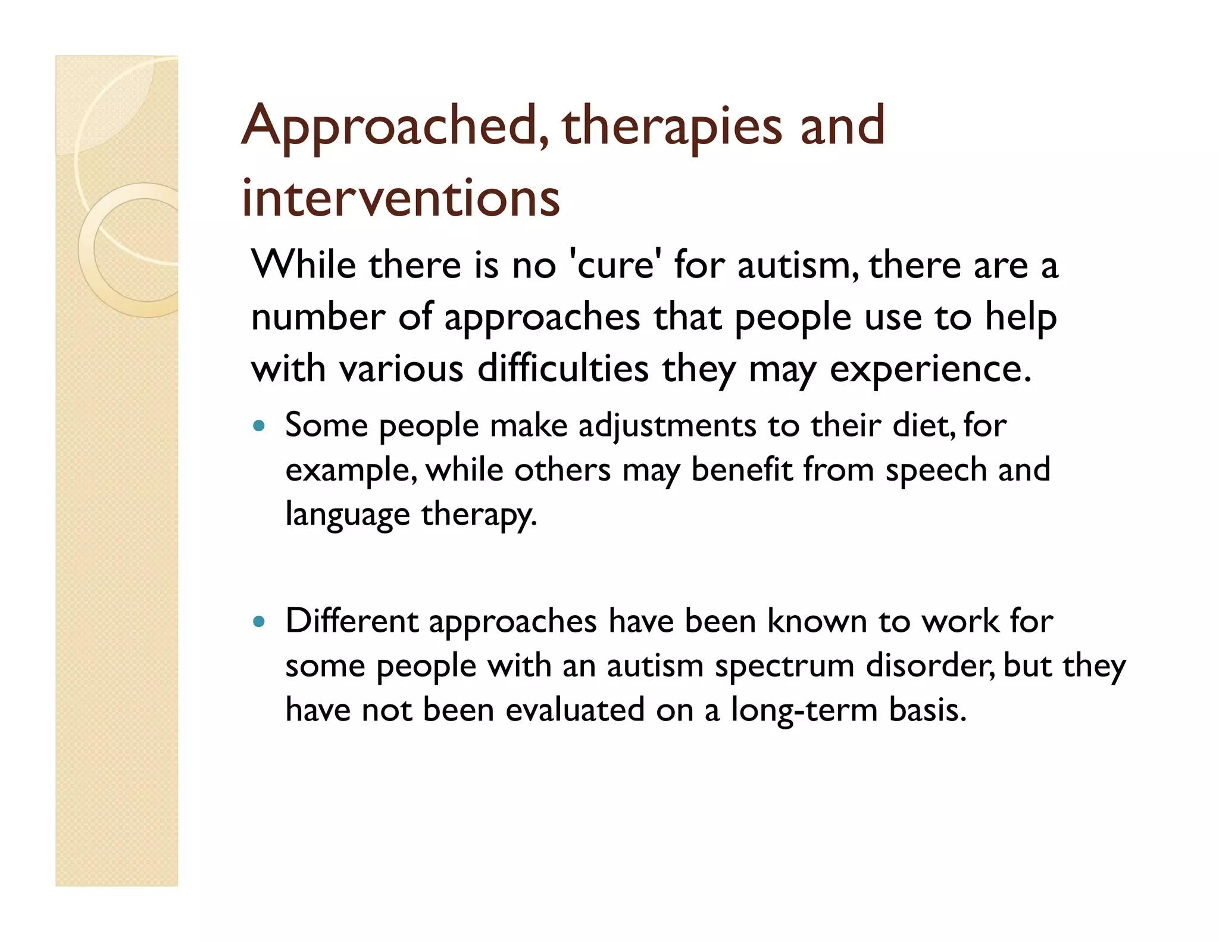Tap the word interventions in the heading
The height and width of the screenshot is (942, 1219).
pos(401,198)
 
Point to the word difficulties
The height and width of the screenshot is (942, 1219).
pos(562,368)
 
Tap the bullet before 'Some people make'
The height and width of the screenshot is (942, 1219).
pos(258,426)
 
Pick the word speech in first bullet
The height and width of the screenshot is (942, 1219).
pos(936,470)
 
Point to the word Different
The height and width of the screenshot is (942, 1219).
pos(352,621)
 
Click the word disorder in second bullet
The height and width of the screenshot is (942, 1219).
pos(928,665)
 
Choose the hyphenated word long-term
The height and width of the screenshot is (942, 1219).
pos(804,710)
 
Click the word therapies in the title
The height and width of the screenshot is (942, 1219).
pos(671,126)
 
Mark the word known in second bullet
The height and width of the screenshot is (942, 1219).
pos(817,621)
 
